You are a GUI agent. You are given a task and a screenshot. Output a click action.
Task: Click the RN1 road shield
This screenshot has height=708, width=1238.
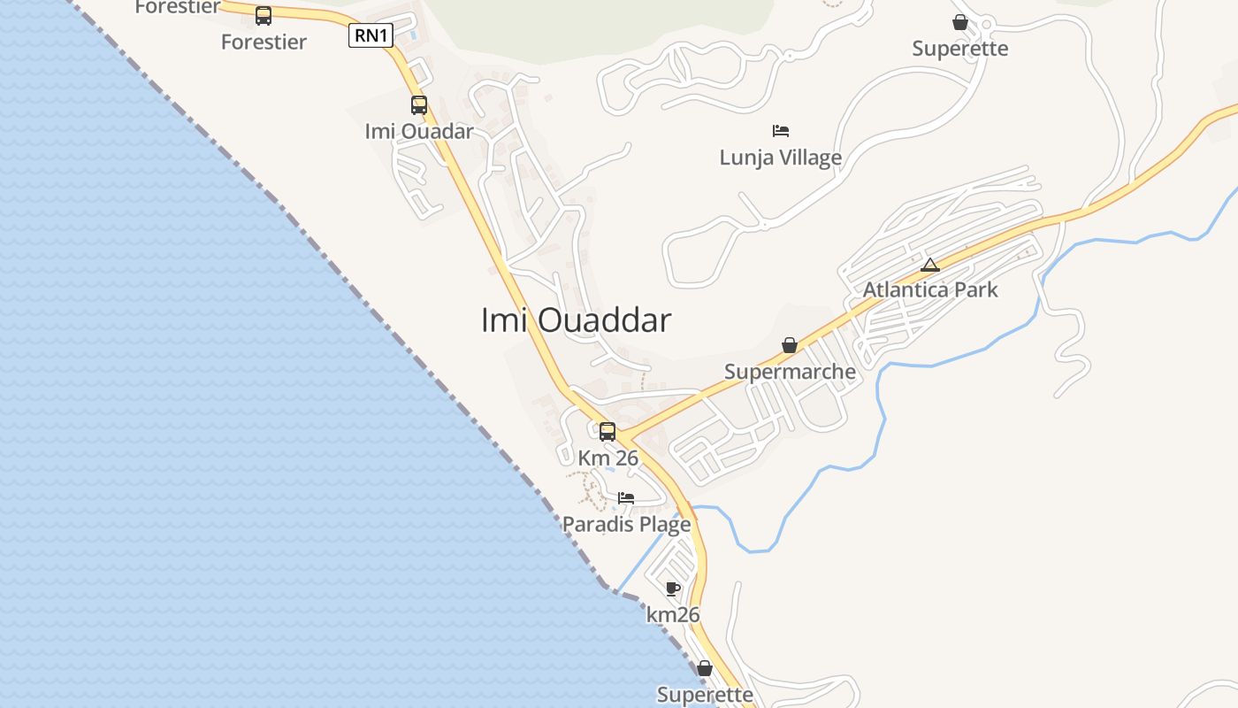[x=371, y=35]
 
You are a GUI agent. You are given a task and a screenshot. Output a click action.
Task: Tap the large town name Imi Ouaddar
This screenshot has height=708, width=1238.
[x=576, y=320]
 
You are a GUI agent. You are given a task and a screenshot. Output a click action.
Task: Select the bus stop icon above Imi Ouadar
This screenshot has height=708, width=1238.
[x=419, y=105]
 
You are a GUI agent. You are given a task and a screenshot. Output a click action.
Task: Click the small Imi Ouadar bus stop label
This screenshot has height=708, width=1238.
[x=419, y=131]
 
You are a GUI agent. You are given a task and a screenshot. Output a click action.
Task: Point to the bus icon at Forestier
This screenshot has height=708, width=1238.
[x=264, y=15]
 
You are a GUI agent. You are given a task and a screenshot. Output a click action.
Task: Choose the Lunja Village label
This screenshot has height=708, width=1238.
[x=780, y=158]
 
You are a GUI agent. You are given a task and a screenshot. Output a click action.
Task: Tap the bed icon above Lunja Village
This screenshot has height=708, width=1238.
[x=780, y=131]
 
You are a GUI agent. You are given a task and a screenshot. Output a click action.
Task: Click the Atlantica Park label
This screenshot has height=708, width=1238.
[x=930, y=289]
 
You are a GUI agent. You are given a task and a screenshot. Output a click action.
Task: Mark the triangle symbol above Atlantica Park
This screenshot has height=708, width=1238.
[x=929, y=265]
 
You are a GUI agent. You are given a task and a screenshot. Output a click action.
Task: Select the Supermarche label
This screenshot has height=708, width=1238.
[x=790, y=372]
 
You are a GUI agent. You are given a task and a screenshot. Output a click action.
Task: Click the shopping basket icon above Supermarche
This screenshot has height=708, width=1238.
[x=789, y=345]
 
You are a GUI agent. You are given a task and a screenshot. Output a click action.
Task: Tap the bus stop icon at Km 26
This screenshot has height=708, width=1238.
[x=608, y=432]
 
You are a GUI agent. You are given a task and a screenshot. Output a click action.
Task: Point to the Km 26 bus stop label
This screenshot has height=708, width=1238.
[x=608, y=458]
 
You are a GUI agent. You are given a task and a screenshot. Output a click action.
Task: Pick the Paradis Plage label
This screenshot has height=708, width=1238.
[x=626, y=525]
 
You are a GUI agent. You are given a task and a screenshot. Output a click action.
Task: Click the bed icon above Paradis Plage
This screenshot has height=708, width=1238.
[x=626, y=498]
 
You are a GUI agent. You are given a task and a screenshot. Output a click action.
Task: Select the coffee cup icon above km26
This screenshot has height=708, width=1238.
[x=673, y=589]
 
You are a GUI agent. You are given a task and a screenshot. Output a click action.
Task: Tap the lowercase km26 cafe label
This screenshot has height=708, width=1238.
[x=673, y=614]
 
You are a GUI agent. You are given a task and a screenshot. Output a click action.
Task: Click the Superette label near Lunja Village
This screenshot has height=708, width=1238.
[x=959, y=48]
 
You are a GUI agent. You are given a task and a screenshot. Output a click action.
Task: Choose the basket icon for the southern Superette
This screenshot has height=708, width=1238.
[x=705, y=668]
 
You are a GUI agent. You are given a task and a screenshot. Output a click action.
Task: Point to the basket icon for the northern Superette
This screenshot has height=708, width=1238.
[x=959, y=22]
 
